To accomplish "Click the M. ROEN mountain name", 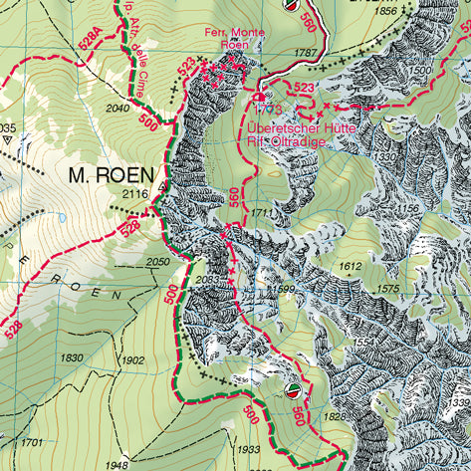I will tap(113, 175).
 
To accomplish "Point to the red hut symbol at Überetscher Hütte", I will tap(260, 98).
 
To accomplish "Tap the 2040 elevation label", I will tap(118, 108).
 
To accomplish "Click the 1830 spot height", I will tap(73, 358).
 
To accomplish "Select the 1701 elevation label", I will tap(33, 441).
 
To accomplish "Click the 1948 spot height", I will tap(118, 464).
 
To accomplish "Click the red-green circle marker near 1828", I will tap(293, 389).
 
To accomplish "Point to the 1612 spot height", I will tap(350, 267).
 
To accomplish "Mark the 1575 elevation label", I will tap(389, 289).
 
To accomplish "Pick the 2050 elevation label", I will tap(157, 261).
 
